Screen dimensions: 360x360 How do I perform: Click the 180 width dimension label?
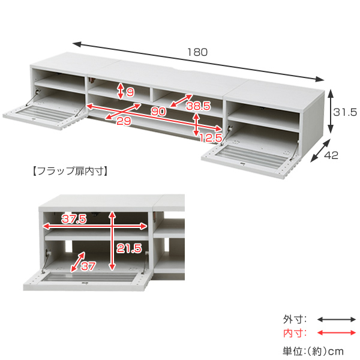tap(197, 52)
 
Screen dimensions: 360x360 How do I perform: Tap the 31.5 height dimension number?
tap(346, 112)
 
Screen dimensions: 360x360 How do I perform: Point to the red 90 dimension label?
tap(159, 111)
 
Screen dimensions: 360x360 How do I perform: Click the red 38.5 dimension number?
tap(199, 106)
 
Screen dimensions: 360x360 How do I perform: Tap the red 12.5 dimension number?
tap(209, 139)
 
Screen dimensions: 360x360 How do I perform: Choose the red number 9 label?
tap(130, 92)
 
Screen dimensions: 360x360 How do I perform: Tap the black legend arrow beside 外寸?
tap(337, 320)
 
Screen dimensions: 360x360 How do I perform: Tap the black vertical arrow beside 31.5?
tap(330, 112)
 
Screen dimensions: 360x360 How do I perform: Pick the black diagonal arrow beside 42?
tap(320, 151)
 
